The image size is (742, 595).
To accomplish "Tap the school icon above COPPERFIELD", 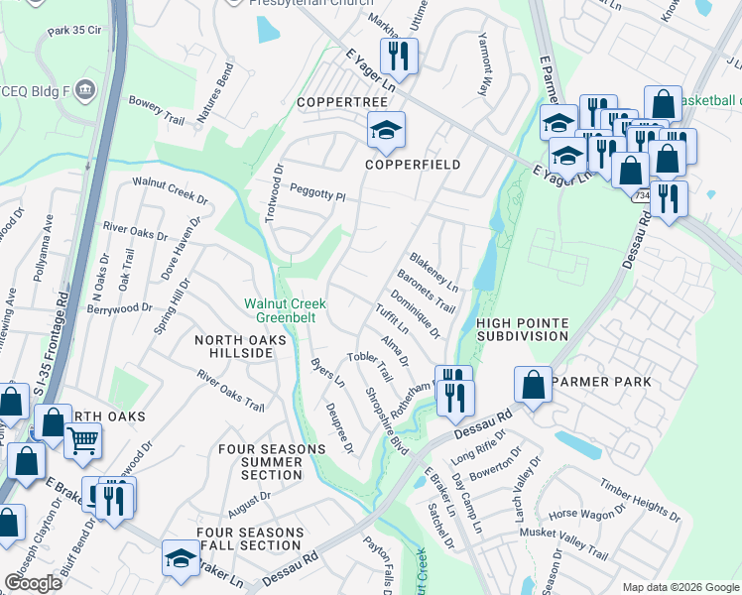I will pyautogui.click(x=386, y=128).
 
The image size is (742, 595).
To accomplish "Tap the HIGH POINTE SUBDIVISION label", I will pyautogui.click(x=522, y=329).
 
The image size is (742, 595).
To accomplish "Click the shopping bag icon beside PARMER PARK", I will pyautogui.click(x=533, y=385).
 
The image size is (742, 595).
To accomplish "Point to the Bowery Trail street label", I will pyautogui.click(x=157, y=109).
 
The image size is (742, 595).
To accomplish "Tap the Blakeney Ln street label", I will pyautogui.click(x=433, y=271).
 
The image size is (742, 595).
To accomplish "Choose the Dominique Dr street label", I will pyautogui.click(x=415, y=312).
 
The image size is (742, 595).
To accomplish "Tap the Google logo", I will pyautogui.click(x=34, y=582).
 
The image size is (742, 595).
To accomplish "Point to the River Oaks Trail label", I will pyautogui.click(x=230, y=392).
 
